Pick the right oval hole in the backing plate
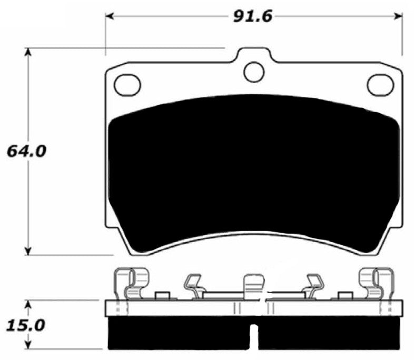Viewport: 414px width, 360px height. (x=380, y=85)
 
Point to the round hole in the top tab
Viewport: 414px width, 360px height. (x=254, y=72)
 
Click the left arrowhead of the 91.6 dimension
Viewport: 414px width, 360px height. (x=110, y=16)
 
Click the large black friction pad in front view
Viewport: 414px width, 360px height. (x=253, y=174)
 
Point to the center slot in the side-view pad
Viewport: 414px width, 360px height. (x=254, y=337)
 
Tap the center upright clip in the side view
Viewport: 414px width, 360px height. (x=254, y=287)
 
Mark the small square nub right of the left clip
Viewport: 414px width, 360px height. (x=162, y=296)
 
